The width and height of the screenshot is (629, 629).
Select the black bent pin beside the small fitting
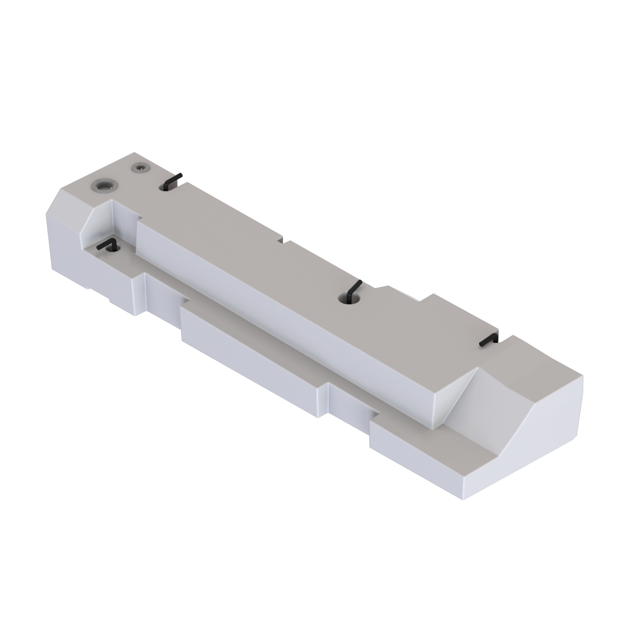click(x=173, y=180)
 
